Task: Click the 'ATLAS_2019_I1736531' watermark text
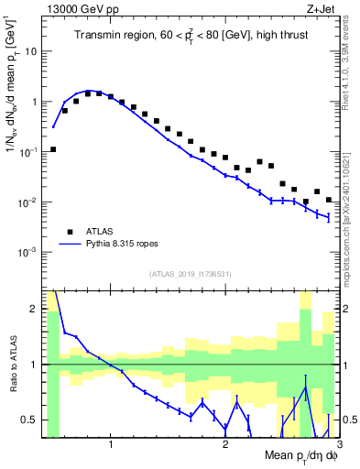coord(191,274)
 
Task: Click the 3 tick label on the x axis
coord(337,446)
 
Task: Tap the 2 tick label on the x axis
coord(225,446)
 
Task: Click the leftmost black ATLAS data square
coord(53,149)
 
